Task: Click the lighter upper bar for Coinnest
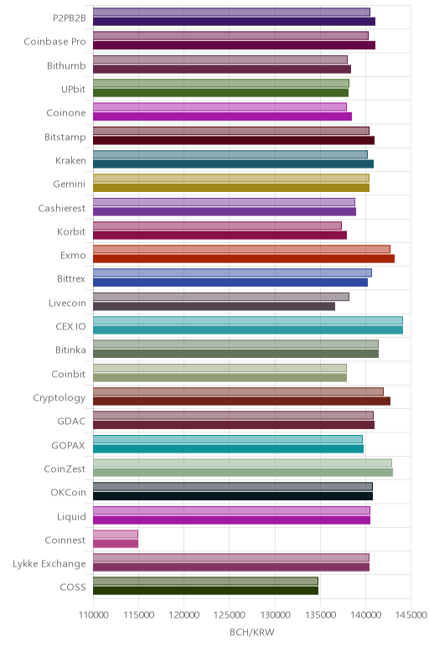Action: [x=116, y=534]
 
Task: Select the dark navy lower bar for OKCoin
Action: [x=233, y=496]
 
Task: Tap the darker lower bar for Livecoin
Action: [x=214, y=306]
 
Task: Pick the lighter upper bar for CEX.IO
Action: [x=248, y=320]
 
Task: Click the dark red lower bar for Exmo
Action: [x=244, y=259]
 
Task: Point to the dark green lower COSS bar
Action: [x=206, y=591]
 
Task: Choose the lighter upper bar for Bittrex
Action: [x=232, y=272]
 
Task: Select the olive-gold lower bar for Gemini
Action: [x=231, y=188]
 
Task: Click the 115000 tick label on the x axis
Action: [x=138, y=615]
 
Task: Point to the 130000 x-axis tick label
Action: [x=275, y=615]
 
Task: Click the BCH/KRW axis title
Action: [x=251, y=632]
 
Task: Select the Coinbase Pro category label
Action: [x=54, y=42]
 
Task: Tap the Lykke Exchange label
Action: [x=49, y=564]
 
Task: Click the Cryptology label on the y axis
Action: [x=59, y=398]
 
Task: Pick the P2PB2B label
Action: [x=70, y=18]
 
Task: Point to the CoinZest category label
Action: [x=65, y=468]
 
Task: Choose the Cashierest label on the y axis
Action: [x=62, y=208]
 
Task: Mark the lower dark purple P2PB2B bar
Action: [x=235, y=22]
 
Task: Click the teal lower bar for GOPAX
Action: [x=229, y=448]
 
